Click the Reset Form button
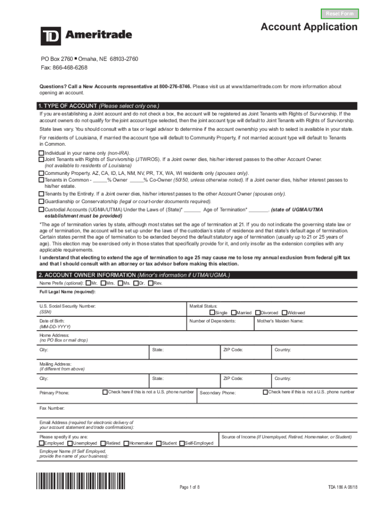[x=340, y=13]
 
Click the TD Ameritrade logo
[x=86, y=35]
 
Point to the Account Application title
[x=309, y=27]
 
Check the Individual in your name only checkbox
[x=41, y=154]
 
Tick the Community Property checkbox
[x=41, y=174]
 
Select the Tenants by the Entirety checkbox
[x=41, y=194]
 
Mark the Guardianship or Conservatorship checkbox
[x=41, y=202]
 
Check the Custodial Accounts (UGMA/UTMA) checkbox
[x=41, y=210]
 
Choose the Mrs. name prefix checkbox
[x=102, y=283]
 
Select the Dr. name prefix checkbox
[x=136, y=283]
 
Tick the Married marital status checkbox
[x=233, y=313]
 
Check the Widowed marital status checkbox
[x=284, y=313]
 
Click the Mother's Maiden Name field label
[x=280, y=321]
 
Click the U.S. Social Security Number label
[x=68, y=307]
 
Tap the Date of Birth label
[x=52, y=321]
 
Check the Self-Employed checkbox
[x=182, y=443]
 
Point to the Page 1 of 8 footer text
[x=190, y=488]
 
